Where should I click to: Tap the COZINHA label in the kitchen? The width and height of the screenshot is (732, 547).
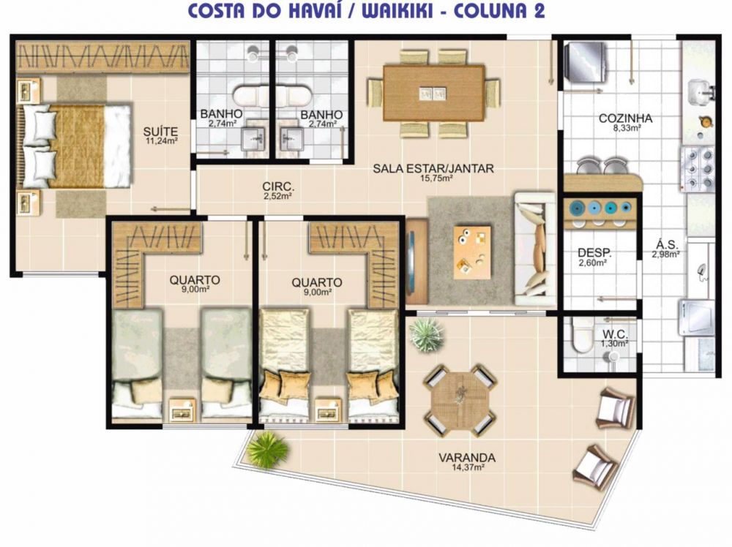[626, 118]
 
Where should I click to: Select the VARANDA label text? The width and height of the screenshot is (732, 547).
[467, 458]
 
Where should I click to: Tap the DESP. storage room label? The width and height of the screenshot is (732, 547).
[594, 253]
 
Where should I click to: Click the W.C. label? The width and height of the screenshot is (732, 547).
[615, 334]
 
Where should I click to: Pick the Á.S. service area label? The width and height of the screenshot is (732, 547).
[667, 245]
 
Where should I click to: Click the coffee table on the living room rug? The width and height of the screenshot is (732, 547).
[472, 252]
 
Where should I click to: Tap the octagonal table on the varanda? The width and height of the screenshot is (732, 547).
[460, 400]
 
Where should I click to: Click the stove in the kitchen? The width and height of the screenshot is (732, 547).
[698, 169]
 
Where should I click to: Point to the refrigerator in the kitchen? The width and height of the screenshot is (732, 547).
[586, 62]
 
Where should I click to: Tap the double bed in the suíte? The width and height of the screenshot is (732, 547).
[74, 146]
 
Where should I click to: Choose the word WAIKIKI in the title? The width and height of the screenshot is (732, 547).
[396, 10]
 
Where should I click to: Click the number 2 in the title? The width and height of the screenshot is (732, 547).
[539, 10]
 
